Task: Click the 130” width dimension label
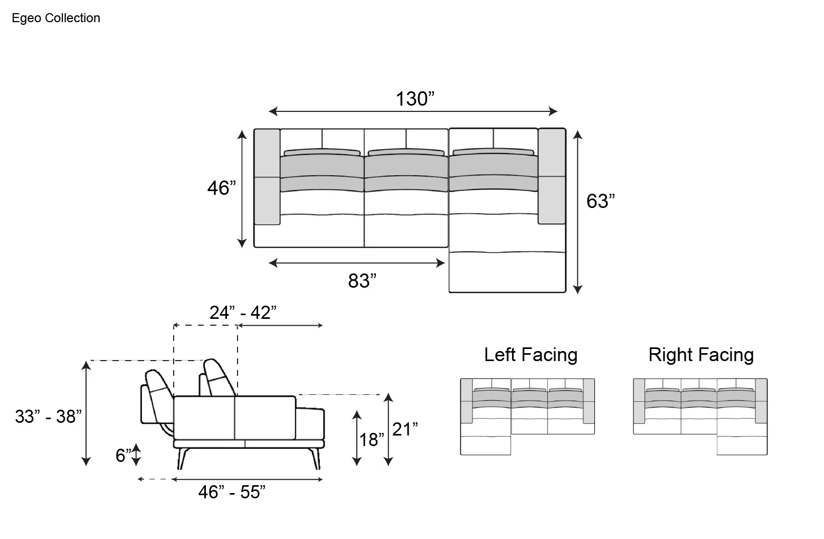(414, 99)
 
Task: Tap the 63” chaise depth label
(600, 201)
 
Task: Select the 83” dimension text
(362, 281)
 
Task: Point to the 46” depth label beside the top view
(222, 188)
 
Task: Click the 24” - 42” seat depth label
(243, 313)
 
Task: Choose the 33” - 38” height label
(48, 417)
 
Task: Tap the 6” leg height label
(123, 456)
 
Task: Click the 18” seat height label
(371, 440)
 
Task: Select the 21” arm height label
(405, 429)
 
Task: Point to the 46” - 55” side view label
(232, 492)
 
